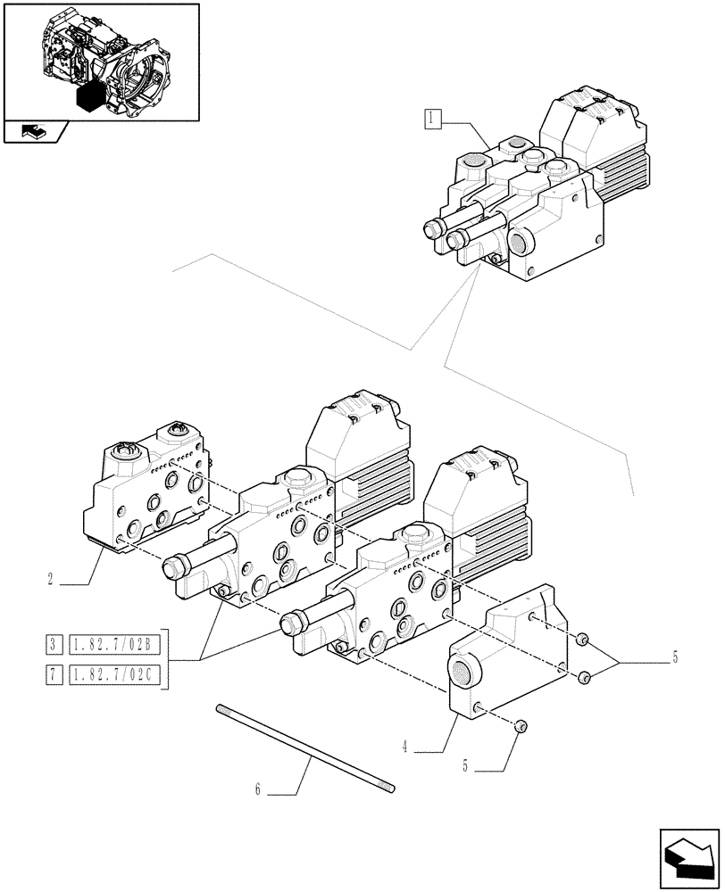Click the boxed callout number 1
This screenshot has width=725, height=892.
click(x=432, y=118)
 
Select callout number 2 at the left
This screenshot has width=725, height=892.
click(x=53, y=579)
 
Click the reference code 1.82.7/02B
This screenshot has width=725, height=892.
click(x=115, y=643)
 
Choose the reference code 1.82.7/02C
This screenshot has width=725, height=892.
click(x=115, y=675)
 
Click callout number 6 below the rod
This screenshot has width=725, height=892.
click(x=259, y=789)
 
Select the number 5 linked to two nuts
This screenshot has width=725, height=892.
click(x=674, y=658)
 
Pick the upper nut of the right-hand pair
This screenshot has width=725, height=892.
click(x=581, y=640)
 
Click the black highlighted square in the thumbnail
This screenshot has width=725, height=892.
click(x=92, y=96)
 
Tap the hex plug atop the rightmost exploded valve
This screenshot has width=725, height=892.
click(x=416, y=535)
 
